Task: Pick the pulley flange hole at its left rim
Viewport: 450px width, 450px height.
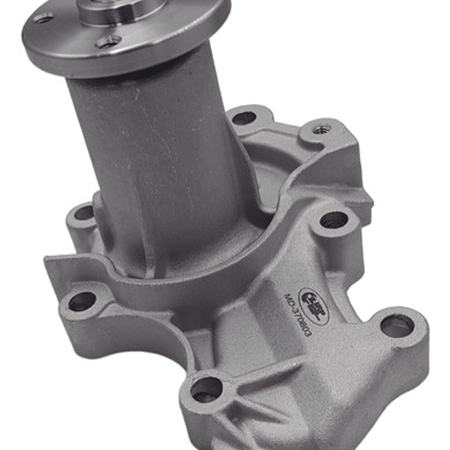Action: point(43,18)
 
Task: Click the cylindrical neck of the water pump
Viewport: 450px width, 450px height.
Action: point(156,156)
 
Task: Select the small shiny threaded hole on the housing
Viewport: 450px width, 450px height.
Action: point(322,128)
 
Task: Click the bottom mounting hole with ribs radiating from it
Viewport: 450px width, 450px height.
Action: point(206,389)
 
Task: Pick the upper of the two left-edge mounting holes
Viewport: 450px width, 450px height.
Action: point(84,213)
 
